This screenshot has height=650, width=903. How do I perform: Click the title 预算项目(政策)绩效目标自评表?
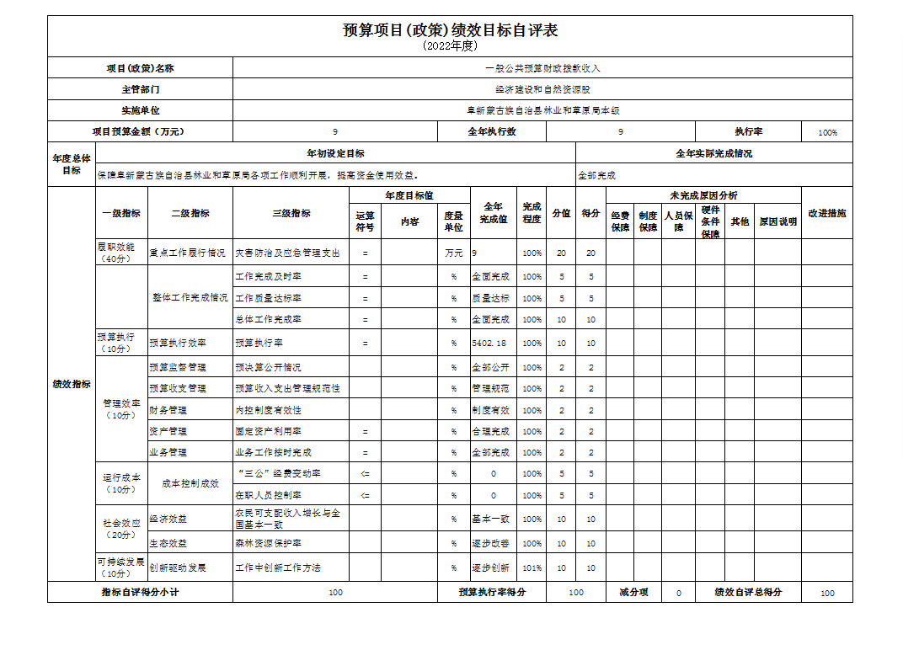tap(450, 30)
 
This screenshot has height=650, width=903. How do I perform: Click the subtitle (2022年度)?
tap(450, 46)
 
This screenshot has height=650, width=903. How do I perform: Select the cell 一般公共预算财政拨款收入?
tap(542, 68)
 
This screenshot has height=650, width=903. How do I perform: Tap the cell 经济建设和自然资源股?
tap(542, 89)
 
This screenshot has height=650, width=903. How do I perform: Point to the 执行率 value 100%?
tap(827, 133)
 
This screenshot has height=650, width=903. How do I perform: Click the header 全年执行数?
tap(492, 132)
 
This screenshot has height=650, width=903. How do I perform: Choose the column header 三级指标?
tap(291, 214)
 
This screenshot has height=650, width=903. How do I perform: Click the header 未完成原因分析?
tap(703, 195)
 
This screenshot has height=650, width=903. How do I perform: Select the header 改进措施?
tap(826, 214)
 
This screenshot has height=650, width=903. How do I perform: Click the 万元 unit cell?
tap(453, 253)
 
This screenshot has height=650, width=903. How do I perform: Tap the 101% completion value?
tap(532, 568)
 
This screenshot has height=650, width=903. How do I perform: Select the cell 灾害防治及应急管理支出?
tap(287, 253)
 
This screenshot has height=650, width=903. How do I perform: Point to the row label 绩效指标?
tap(72, 385)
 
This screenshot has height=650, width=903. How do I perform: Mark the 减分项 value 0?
tap(678, 593)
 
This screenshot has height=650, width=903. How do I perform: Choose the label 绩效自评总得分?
tap(748, 593)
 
